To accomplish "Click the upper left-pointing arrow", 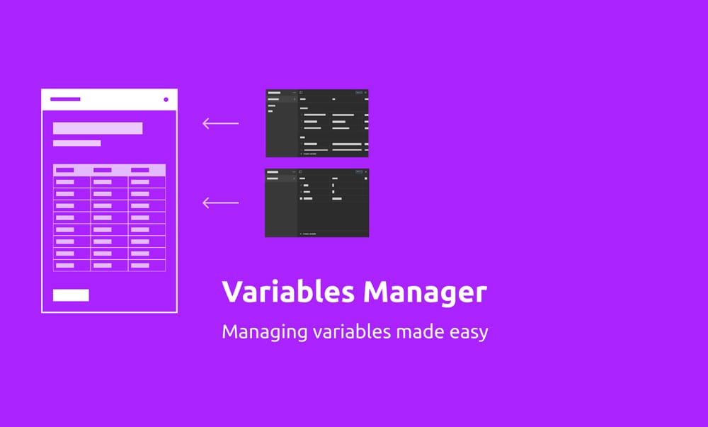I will [x=220, y=124].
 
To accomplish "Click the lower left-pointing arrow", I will [x=220, y=203].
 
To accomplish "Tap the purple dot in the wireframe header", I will [x=166, y=99].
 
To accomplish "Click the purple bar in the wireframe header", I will [x=65, y=99].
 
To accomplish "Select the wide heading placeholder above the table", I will [x=98, y=128].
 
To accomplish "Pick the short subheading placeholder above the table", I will [x=76, y=143].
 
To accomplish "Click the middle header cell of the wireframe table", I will [x=103, y=170].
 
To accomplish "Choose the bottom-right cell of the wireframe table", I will [x=140, y=265].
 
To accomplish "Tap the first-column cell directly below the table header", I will [x=65, y=182].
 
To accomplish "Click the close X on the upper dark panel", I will [x=366, y=93].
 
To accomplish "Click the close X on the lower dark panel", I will [x=366, y=172].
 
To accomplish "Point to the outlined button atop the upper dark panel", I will [x=358, y=93].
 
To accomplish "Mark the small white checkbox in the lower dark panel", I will [x=301, y=199].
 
